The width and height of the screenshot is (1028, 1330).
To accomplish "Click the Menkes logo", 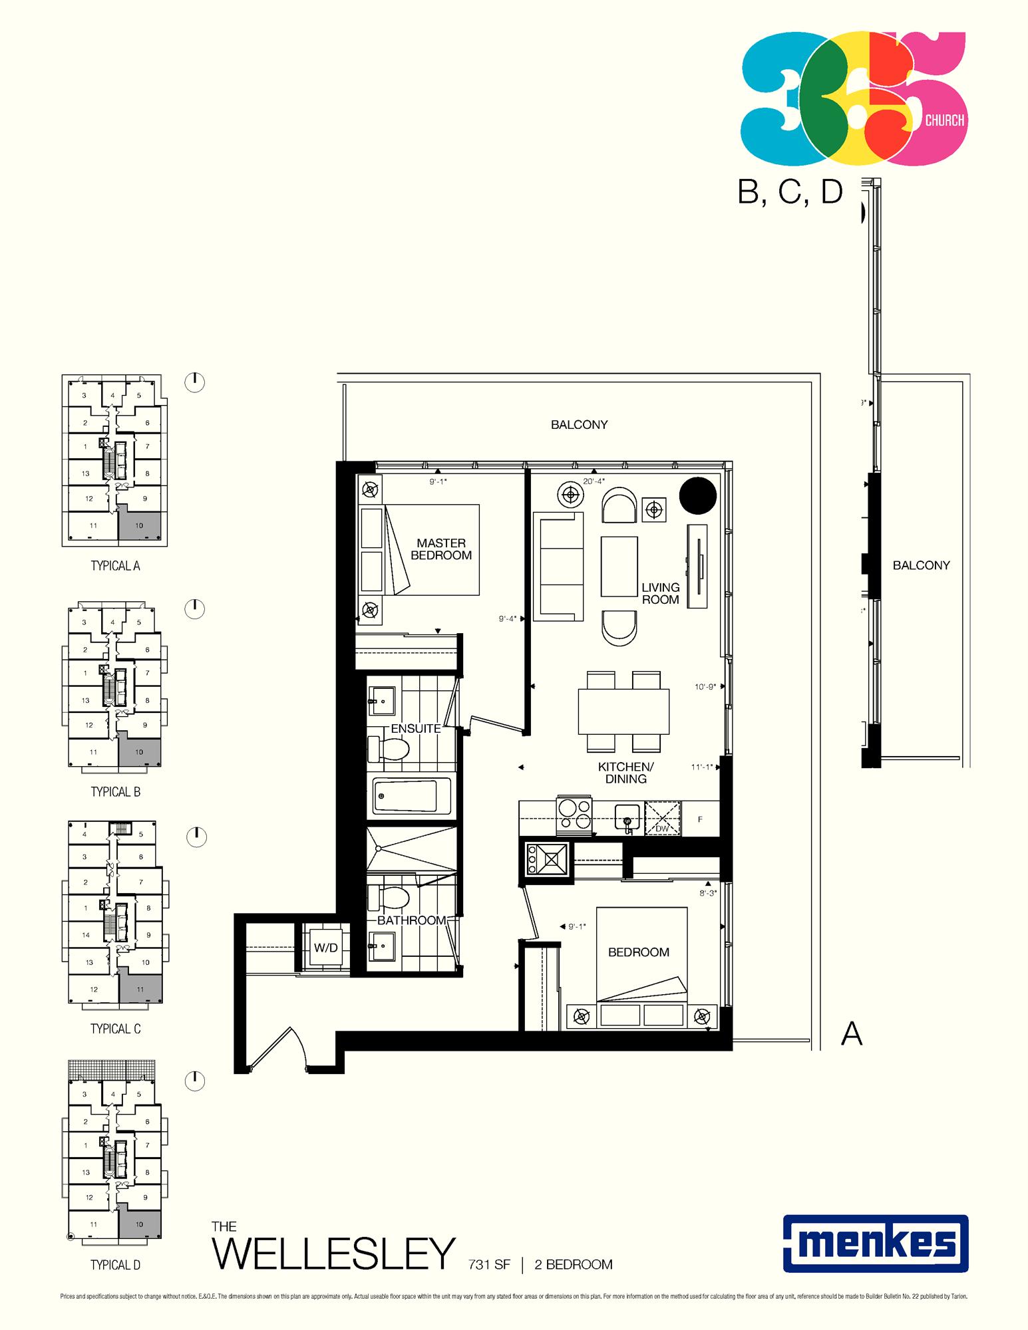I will click(875, 1244).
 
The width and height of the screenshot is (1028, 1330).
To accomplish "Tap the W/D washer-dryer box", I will click(325, 948).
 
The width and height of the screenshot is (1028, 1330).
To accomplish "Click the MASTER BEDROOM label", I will click(440, 549).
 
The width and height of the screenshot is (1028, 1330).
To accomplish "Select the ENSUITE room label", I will click(415, 728).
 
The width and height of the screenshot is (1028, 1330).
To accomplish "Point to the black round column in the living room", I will click(697, 495).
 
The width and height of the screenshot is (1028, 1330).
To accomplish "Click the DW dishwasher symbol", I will click(662, 820).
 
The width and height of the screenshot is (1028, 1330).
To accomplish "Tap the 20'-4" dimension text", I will click(594, 481).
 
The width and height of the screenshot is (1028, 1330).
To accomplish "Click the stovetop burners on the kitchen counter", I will click(574, 813).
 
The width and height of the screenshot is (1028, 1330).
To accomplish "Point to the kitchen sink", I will click(626, 817).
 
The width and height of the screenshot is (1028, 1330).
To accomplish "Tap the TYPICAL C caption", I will click(116, 1029).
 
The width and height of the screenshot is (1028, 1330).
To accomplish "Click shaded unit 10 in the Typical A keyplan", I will click(140, 525).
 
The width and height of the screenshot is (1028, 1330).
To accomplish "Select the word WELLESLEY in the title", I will click(333, 1254).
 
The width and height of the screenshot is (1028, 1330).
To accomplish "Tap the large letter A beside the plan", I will click(852, 1033).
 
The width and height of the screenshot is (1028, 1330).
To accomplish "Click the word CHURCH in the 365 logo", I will click(944, 121).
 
